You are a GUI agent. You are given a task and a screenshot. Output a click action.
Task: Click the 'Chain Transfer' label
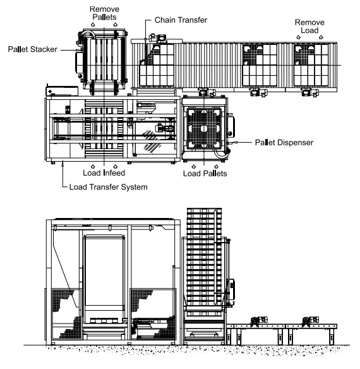pos(181,20)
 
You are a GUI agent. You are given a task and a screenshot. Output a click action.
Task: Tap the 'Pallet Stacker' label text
pos(32,49)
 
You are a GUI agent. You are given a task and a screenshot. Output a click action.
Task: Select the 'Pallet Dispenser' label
pos(284,142)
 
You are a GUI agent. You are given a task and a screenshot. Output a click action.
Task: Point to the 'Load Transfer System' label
pos(108,187)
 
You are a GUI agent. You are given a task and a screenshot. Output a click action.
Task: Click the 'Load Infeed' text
pos(104,173)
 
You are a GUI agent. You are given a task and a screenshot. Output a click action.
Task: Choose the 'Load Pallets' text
pos(205,174)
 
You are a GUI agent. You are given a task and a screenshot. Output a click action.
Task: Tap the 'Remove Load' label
pos(309,27)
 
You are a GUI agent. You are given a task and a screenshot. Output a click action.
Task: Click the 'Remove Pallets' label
pos(104,13)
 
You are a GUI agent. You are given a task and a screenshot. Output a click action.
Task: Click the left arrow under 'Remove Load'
pos(298,37)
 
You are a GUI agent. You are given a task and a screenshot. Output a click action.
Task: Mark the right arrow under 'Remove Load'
pos(321,37)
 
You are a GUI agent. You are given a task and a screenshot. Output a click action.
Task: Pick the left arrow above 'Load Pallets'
pos(194,167)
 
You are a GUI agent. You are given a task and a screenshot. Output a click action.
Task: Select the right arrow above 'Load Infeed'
pos(116,166)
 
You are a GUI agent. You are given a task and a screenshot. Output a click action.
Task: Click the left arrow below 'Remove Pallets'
pos(93,24)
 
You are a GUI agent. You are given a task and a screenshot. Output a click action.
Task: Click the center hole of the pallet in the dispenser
pos(204,128)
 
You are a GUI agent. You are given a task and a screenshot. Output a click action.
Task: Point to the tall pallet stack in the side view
pos(204,261)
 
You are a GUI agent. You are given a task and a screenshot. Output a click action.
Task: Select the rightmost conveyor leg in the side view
pos(332,337)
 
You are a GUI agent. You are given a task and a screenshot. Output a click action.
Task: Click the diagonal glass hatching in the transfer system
pos(150,141)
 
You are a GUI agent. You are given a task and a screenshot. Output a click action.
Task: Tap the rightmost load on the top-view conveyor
pos(311,65)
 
